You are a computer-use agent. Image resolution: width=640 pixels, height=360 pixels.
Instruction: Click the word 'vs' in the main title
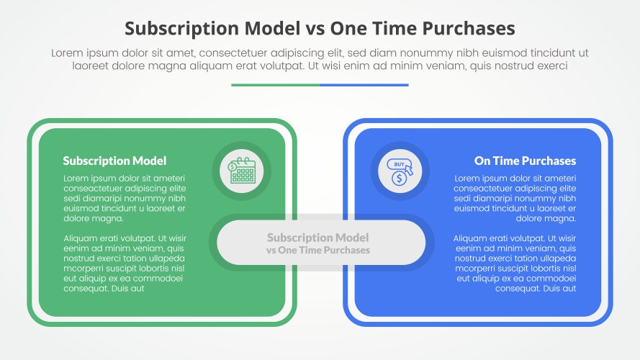pyautogui.click(x=314, y=28)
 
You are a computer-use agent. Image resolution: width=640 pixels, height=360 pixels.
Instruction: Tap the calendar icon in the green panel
pyautogui.click(x=242, y=171)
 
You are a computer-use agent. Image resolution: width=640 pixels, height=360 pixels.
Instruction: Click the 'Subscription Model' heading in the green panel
pyautogui.click(x=114, y=161)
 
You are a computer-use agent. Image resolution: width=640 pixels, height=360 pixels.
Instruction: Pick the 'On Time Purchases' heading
pyautogui.click(x=525, y=161)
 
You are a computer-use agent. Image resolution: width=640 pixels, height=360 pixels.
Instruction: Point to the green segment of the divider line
pyautogui.click(x=276, y=85)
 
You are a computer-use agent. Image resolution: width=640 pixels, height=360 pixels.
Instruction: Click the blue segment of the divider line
pyautogui.click(x=364, y=85)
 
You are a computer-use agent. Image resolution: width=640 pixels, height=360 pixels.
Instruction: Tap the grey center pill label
pyautogui.click(x=318, y=243)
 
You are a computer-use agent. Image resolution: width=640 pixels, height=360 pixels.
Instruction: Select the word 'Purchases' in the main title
pyautogui.click(x=471, y=28)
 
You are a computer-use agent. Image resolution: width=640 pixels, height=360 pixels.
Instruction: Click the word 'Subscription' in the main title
pyautogui.click(x=180, y=28)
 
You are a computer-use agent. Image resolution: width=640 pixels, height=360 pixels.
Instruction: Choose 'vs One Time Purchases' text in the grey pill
pyautogui.click(x=318, y=251)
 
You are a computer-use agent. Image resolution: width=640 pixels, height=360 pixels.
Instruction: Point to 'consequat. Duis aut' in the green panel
pyautogui.click(x=104, y=288)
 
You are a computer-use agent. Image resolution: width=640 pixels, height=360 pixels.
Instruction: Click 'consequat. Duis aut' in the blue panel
pyautogui.click(x=536, y=288)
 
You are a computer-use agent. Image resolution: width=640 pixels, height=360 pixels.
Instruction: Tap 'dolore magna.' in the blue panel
pyautogui.click(x=546, y=218)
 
